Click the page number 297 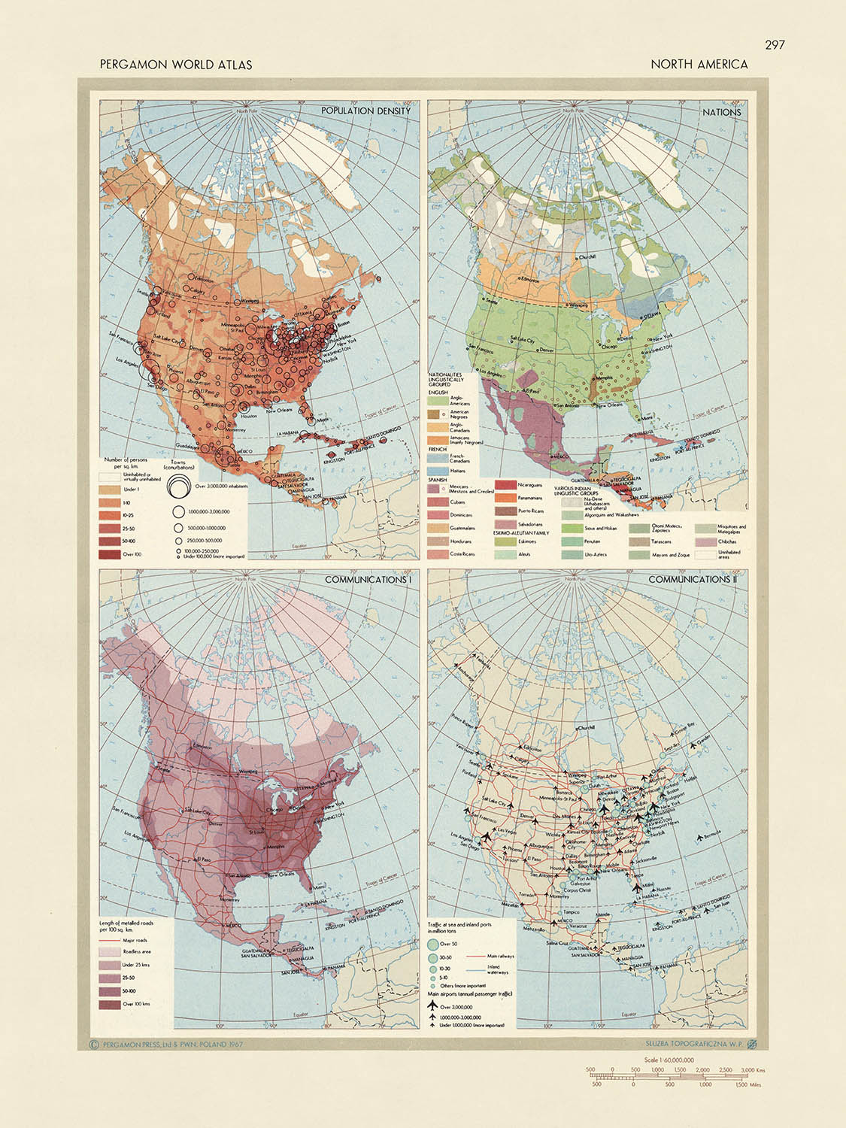point(774,45)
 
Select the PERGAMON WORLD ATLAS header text point(175,65)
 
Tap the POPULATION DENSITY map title point(365,111)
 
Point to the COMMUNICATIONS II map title point(690,580)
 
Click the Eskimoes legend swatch point(504,541)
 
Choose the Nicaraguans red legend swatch point(504,485)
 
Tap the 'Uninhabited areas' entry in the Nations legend point(705,554)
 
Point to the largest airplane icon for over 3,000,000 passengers point(433,1006)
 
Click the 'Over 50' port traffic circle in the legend point(433,944)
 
